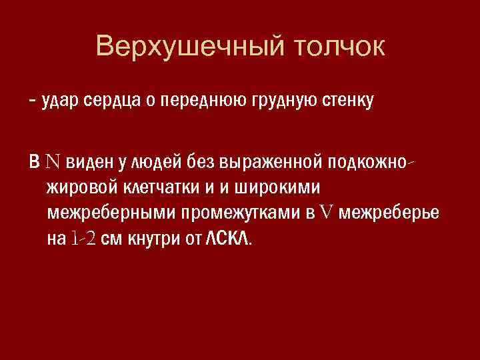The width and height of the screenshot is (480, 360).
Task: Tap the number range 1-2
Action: pyautogui.click(x=83, y=239)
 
